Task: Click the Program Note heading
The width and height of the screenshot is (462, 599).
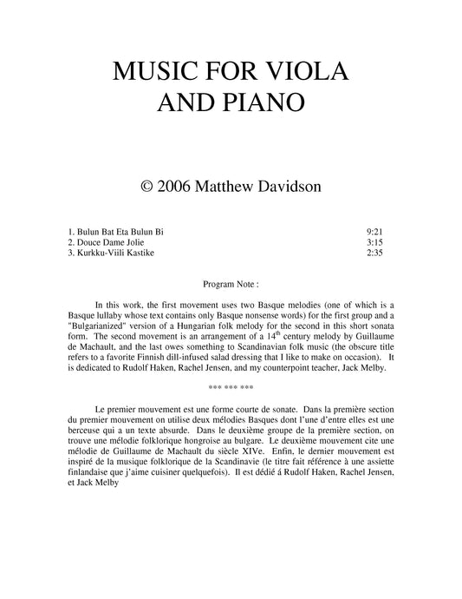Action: (230, 284)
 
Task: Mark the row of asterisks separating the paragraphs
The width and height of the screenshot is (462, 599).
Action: (231, 386)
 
